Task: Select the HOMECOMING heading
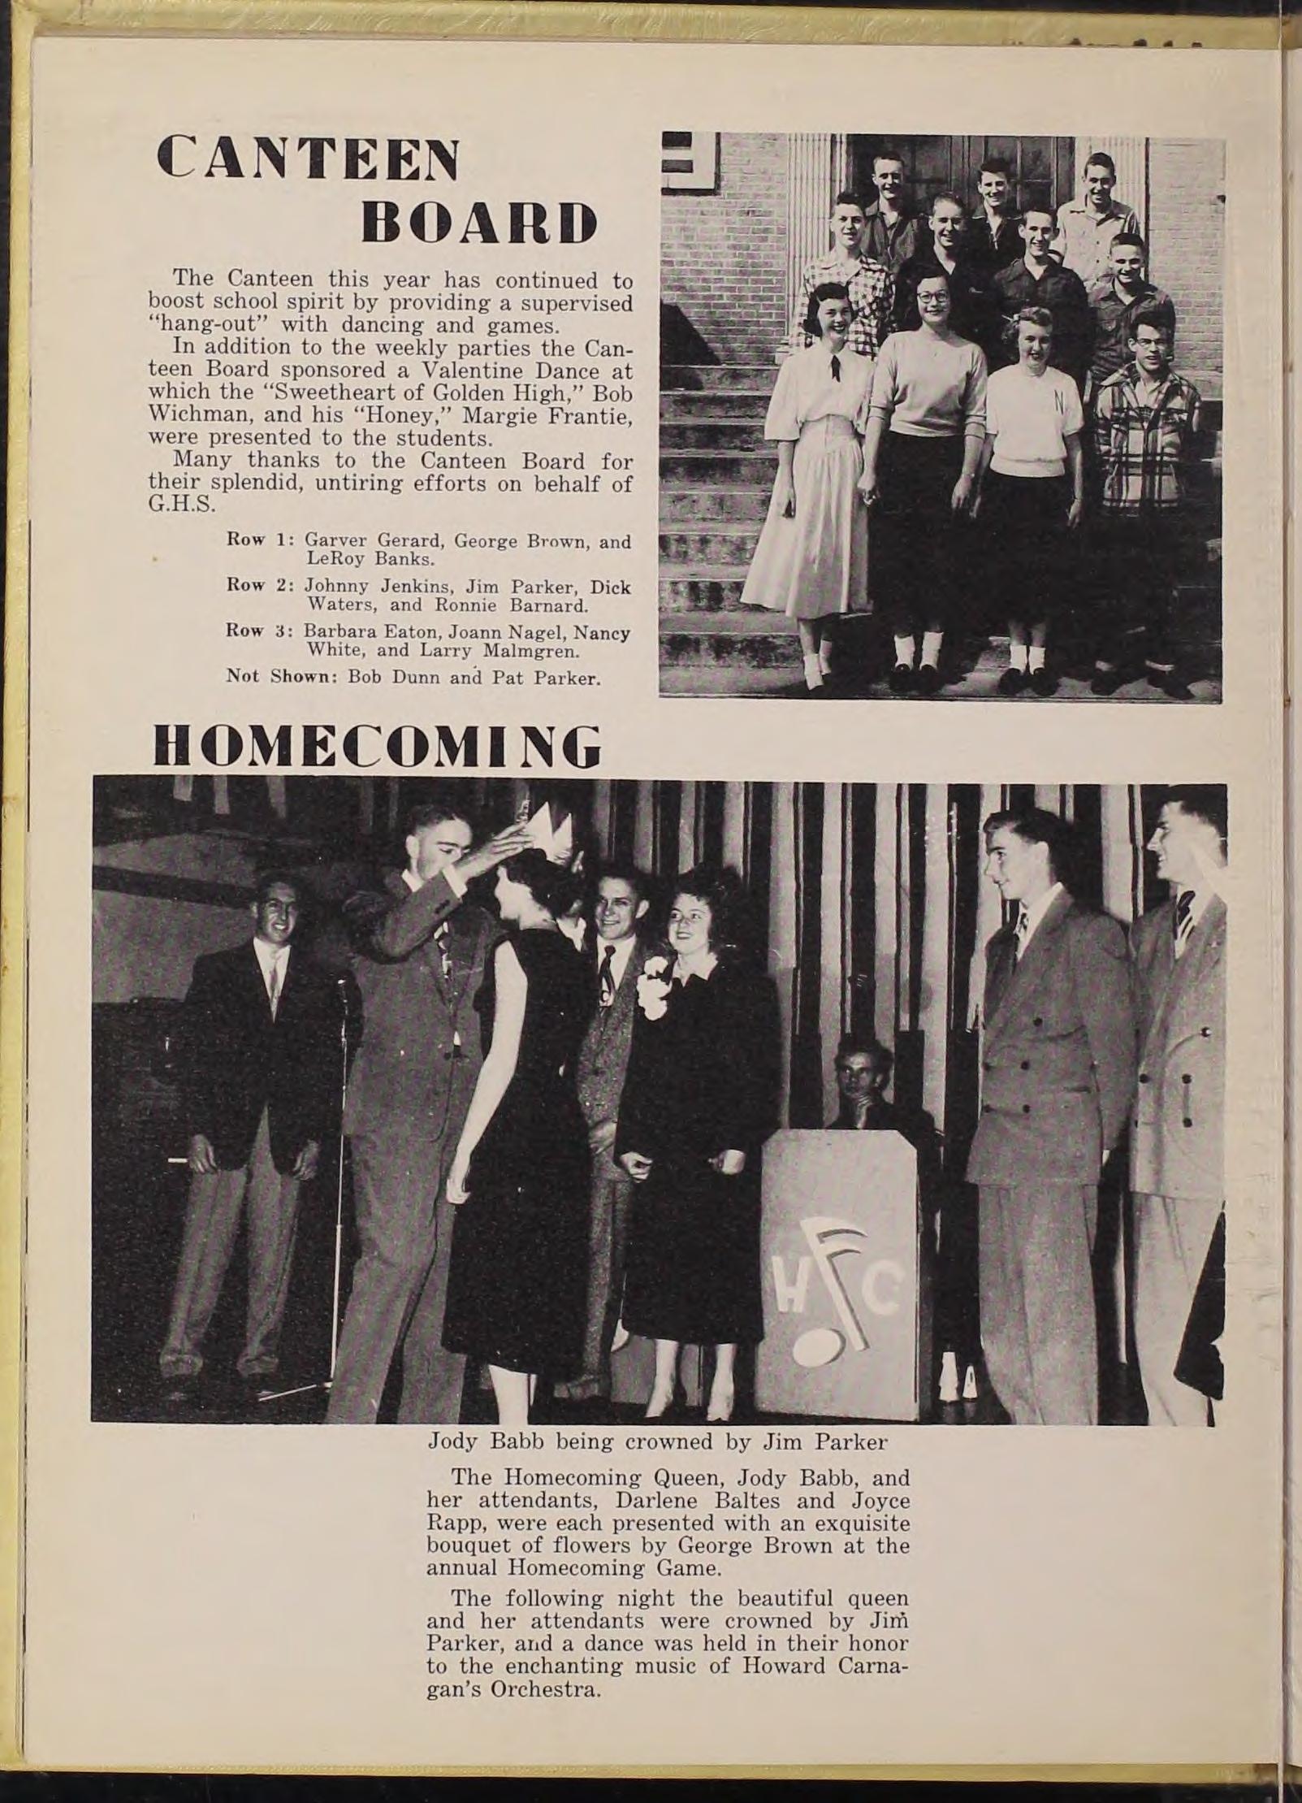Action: click(x=378, y=745)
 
